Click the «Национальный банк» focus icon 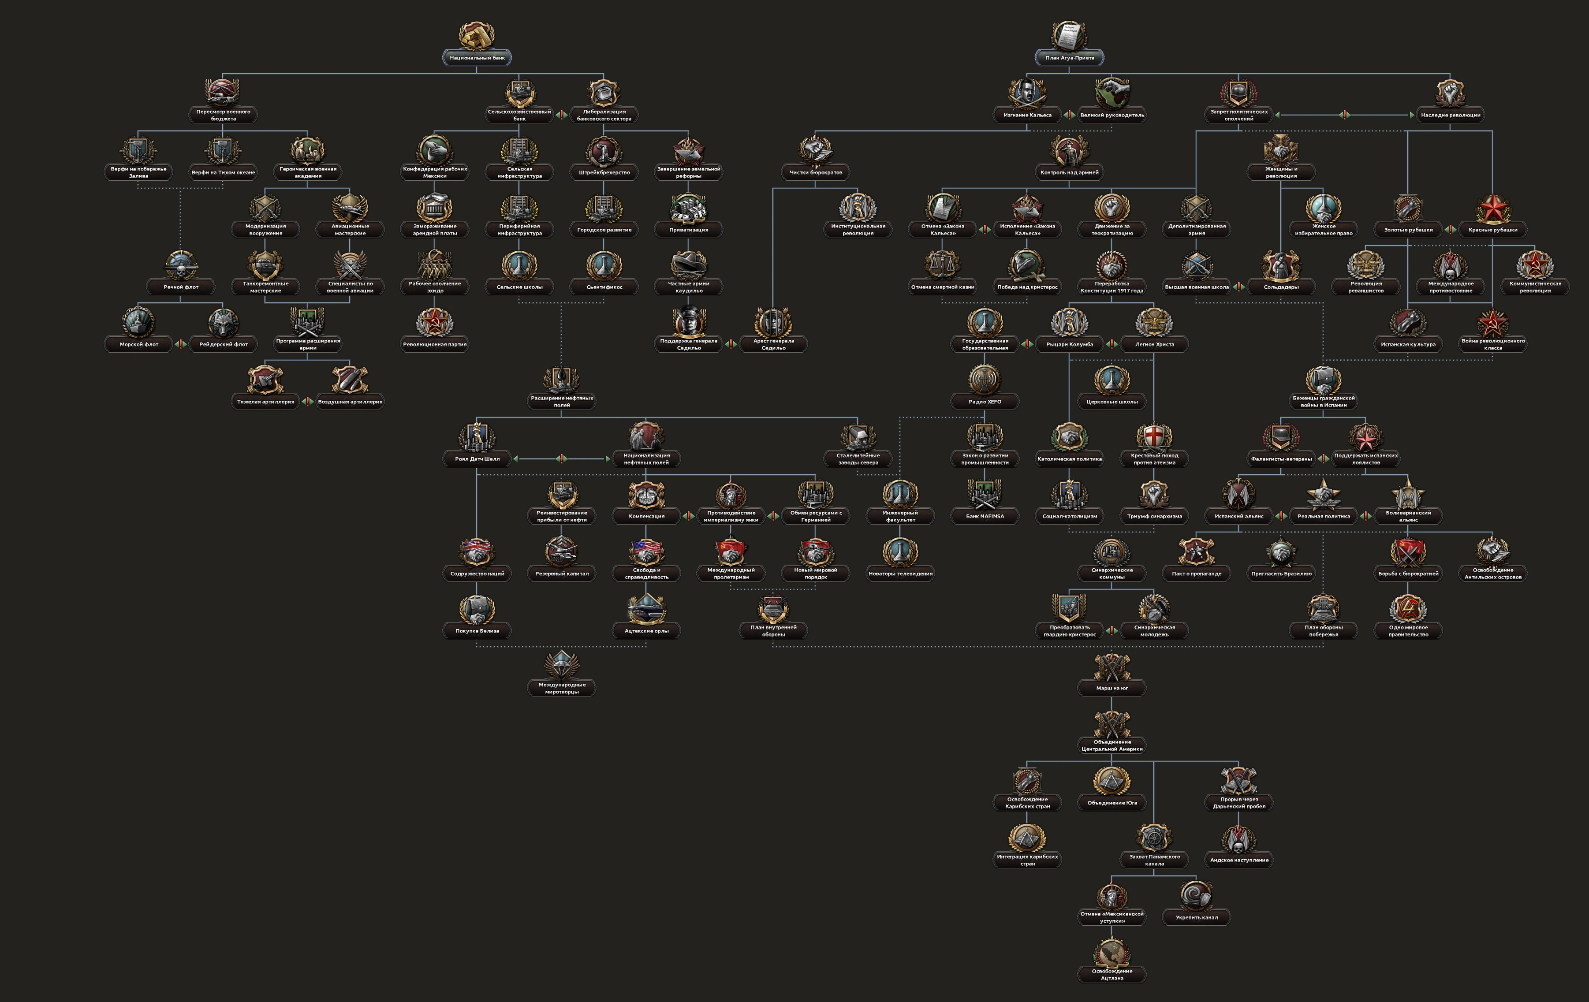tap(477, 36)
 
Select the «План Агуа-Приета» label tap(1069, 58)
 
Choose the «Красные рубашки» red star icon tap(1492, 209)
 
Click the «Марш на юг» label tap(1112, 688)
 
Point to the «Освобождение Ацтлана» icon tap(1112, 953)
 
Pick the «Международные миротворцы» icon tap(562, 666)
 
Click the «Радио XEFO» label tap(985, 402)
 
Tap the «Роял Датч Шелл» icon tap(477, 437)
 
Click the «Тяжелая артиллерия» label tap(265, 402)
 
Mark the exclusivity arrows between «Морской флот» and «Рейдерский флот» tap(181, 344)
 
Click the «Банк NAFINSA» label tap(985, 517)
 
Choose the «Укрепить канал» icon tap(1196, 896)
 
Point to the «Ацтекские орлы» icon tap(646, 608)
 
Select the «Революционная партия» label tap(434, 344)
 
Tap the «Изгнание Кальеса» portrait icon tap(1027, 93)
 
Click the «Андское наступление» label tap(1238, 860)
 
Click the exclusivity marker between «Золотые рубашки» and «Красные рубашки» tap(1451, 230)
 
